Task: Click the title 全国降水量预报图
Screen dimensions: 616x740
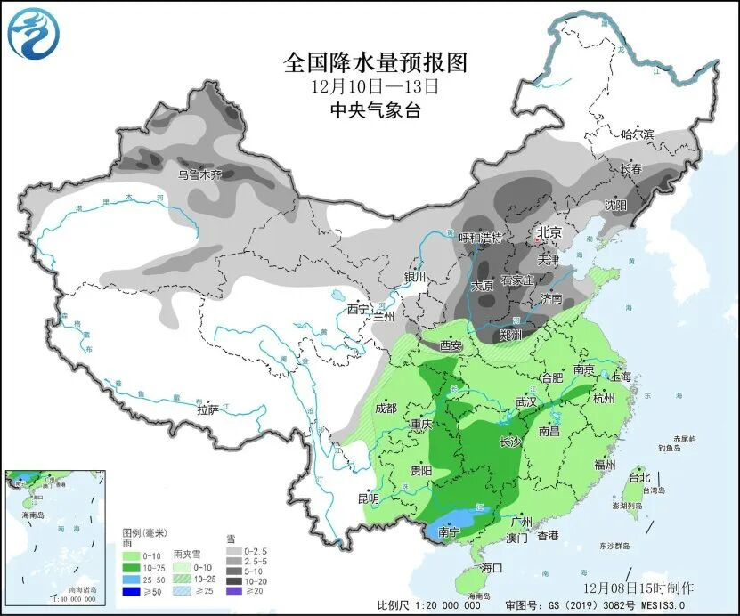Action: click(375, 62)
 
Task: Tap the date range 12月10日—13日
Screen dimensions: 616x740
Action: click(375, 87)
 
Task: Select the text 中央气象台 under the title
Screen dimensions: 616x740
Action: click(375, 111)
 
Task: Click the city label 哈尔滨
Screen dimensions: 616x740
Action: click(637, 134)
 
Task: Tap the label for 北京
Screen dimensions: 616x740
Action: click(549, 233)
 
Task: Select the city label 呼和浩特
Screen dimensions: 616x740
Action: click(480, 238)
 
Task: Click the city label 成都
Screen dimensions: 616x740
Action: click(386, 409)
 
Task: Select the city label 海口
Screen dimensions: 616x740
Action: click(492, 568)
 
